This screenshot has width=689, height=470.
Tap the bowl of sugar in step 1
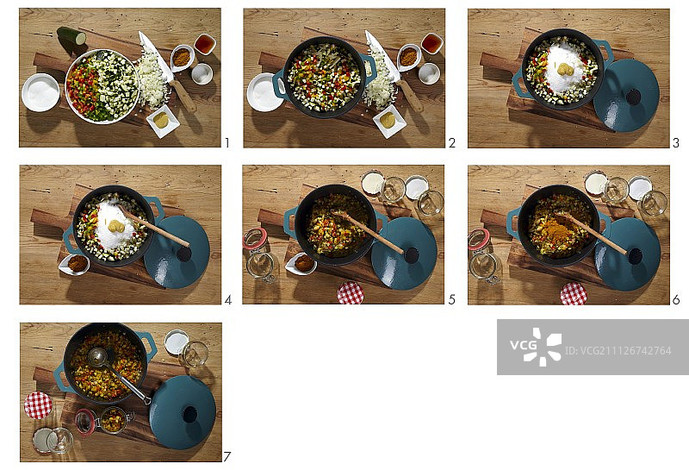(x=40, y=92)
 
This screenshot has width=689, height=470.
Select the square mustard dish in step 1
(x=163, y=121)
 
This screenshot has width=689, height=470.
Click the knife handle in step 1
(x=183, y=96)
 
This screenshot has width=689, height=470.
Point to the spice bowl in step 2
(x=409, y=57)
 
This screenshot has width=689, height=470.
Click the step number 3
(x=676, y=142)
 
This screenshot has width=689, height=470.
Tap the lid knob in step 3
(x=633, y=97)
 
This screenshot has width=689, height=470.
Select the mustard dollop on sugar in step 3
(x=565, y=69)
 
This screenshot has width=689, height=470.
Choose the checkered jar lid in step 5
(x=351, y=293)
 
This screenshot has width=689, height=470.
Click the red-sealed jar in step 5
(x=259, y=255)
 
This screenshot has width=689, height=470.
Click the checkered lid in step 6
(x=574, y=294)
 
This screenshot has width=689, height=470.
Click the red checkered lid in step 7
(x=38, y=405)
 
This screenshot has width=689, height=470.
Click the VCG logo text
(x=523, y=344)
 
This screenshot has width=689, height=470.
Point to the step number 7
(x=227, y=457)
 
